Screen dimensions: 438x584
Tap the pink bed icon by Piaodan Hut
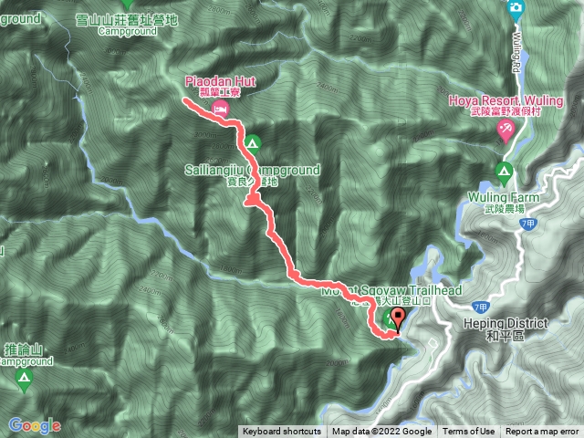(220, 109)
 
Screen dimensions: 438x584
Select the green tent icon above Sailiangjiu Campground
(251, 143)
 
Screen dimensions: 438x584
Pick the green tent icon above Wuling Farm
(503, 171)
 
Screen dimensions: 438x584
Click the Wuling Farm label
(504, 197)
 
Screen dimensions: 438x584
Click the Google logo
(35, 425)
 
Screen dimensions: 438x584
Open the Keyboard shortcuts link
(281, 432)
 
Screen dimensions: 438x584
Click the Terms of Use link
(469, 432)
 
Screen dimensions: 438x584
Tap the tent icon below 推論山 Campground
(22, 377)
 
